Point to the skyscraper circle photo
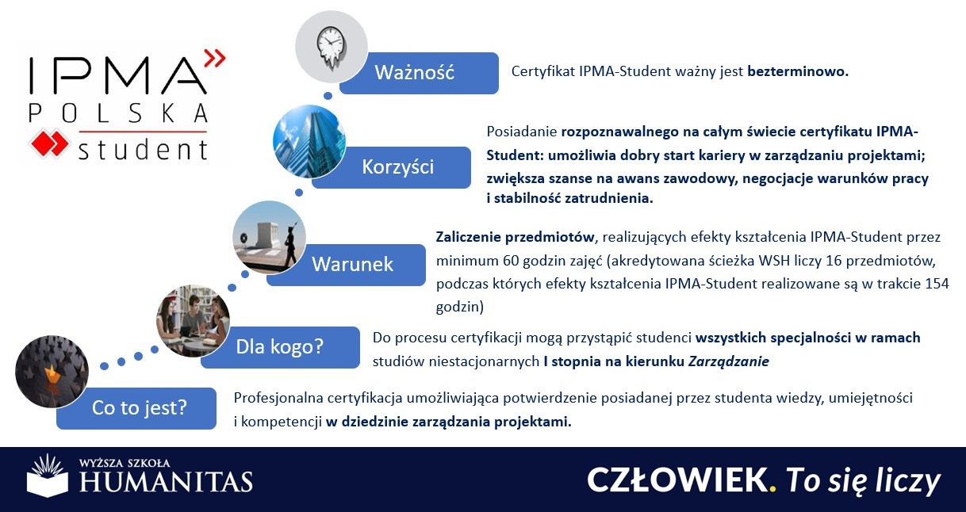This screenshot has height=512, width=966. point(309,141)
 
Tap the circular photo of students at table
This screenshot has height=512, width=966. point(193,321)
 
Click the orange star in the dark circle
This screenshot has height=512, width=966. point(52,373)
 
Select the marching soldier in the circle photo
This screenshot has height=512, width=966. point(291,244)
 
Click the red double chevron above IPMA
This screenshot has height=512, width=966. point(215,58)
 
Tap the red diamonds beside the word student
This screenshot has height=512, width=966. point(49,143)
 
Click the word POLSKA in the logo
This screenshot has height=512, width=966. point(118,113)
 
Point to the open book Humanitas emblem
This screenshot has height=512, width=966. point(48,476)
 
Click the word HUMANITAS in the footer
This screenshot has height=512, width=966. point(167,482)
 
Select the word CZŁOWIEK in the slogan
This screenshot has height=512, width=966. point(677,480)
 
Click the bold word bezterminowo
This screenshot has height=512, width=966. point(798,71)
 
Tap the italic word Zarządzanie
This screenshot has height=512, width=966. point(729,361)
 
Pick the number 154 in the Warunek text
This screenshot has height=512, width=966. point(937,284)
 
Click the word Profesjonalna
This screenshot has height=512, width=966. point(278,398)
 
